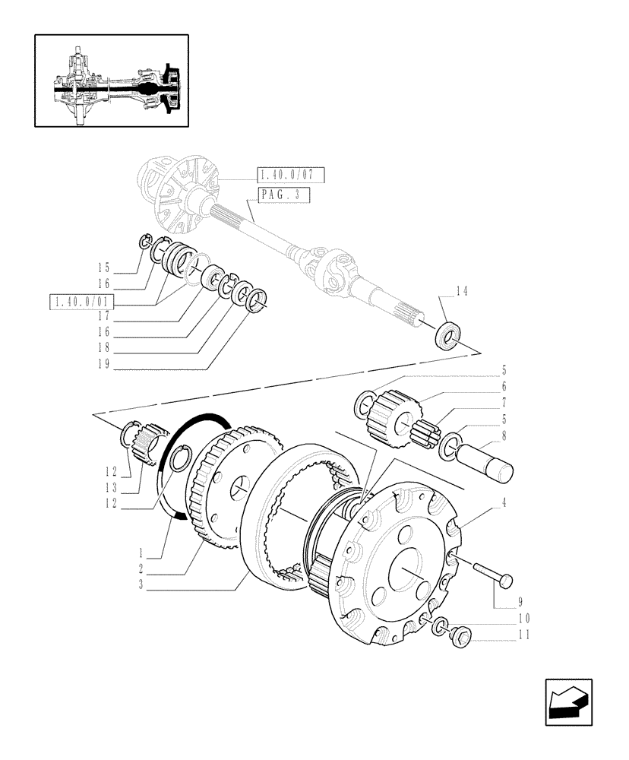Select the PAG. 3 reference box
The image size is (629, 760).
tap(283, 195)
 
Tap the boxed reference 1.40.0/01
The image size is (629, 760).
tap(80, 302)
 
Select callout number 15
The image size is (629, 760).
tap(104, 267)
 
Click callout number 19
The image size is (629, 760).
tap(104, 364)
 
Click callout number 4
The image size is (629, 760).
tap(504, 502)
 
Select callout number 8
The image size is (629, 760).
tap(504, 437)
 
